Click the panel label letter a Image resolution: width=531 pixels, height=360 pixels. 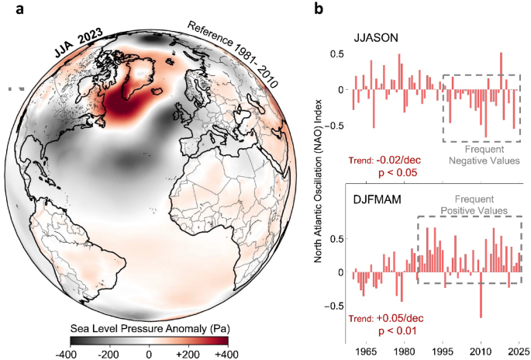tap(20, 9)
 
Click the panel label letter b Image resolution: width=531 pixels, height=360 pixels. tap(319, 8)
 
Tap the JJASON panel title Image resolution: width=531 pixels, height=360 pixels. tap(376, 37)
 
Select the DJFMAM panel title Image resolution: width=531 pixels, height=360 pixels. tap(377, 199)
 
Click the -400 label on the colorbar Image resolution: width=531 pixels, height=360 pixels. tap(69, 355)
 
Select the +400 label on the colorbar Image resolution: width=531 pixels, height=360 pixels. tap(226, 355)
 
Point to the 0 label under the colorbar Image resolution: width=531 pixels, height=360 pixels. tap(149, 355)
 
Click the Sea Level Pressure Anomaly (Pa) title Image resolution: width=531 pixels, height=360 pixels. tap(150, 328)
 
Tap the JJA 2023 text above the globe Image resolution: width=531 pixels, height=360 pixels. tap(79, 43)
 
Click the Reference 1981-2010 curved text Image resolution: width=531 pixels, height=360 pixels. tap(233, 53)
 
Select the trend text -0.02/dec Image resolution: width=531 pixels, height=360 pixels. tap(398, 159)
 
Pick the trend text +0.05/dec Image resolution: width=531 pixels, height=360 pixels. tap(400, 318)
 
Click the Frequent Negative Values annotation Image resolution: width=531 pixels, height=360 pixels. tap(484, 154)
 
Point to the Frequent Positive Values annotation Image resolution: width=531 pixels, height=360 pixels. tap(474, 205)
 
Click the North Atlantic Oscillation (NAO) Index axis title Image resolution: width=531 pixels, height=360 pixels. tap(318, 181)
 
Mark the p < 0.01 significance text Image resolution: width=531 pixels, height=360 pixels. tap(397, 331)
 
